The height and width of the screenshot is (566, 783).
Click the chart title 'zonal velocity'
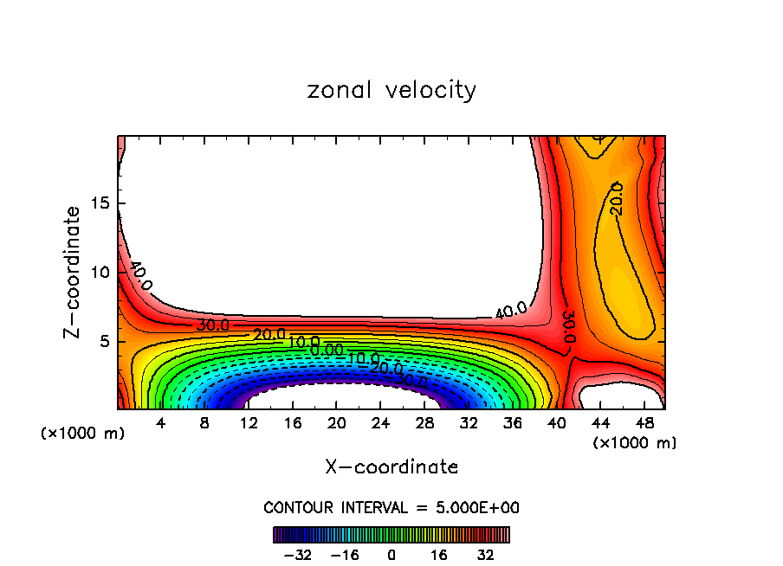pos(391,90)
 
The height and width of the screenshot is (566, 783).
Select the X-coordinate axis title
pos(391,467)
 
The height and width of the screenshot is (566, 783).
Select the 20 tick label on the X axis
pos(336,424)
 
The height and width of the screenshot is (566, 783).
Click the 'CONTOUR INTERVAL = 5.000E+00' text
pos(391,508)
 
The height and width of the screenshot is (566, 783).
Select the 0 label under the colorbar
pos(391,554)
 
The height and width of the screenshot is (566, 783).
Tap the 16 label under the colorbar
pos(439,554)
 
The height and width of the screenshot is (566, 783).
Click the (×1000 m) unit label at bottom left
pos(83,434)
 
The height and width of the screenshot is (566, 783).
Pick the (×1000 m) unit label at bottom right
pos(635,443)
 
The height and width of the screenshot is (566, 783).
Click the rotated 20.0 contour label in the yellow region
pos(616,198)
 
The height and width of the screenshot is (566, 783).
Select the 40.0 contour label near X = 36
pos(511,310)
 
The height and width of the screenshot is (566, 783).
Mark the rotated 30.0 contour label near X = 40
pos(568,327)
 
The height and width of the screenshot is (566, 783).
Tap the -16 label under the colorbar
pos(345,554)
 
